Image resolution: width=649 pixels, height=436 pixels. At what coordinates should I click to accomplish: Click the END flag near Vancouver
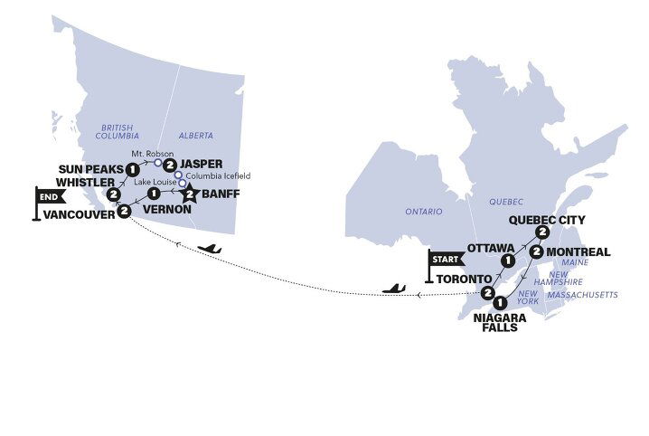(51, 194)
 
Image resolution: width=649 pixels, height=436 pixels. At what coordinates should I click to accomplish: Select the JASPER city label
(202, 164)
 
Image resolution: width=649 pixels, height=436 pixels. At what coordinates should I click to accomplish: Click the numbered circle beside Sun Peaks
(132, 169)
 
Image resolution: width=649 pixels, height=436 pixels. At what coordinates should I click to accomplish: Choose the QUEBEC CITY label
(548, 220)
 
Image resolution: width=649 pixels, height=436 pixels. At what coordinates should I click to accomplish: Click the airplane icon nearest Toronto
(394, 289)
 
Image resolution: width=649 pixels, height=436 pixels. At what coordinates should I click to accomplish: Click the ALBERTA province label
(196, 135)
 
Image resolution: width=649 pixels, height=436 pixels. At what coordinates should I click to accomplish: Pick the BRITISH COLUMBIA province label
(124, 132)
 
